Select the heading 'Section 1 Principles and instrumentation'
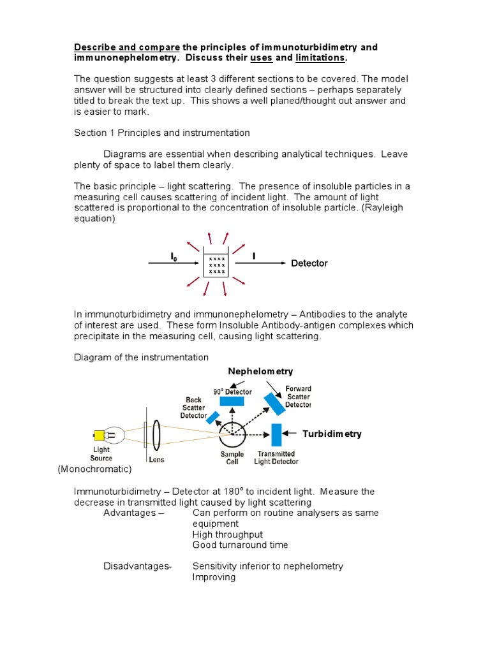point(162,133)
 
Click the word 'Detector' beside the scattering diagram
point(309,263)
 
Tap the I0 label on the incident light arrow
point(173,256)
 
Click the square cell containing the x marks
point(216,263)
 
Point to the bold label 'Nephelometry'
point(260,371)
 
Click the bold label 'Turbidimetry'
point(332,434)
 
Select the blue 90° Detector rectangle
point(231,401)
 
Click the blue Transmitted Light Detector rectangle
point(276,435)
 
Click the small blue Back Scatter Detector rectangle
point(212,418)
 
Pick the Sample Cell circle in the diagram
point(232,436)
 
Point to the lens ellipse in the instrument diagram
point(157,436)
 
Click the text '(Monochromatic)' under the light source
point(94,469)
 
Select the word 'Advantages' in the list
point(130,513)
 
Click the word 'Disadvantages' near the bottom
point(137,566)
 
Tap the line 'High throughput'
point(227,534)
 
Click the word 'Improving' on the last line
point(214,577)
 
